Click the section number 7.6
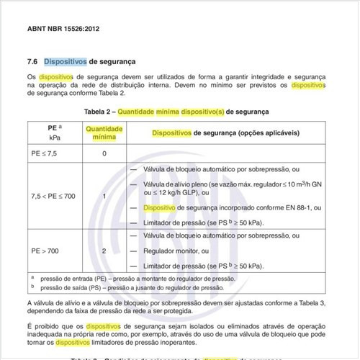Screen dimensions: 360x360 (32, 61)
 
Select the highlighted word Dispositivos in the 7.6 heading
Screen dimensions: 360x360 (65, 61)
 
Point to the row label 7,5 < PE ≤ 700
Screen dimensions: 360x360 (53, 196)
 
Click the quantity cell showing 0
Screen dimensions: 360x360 (104, 153)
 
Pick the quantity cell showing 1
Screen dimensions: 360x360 (104, 196)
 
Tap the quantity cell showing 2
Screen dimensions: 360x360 (104, 251)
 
